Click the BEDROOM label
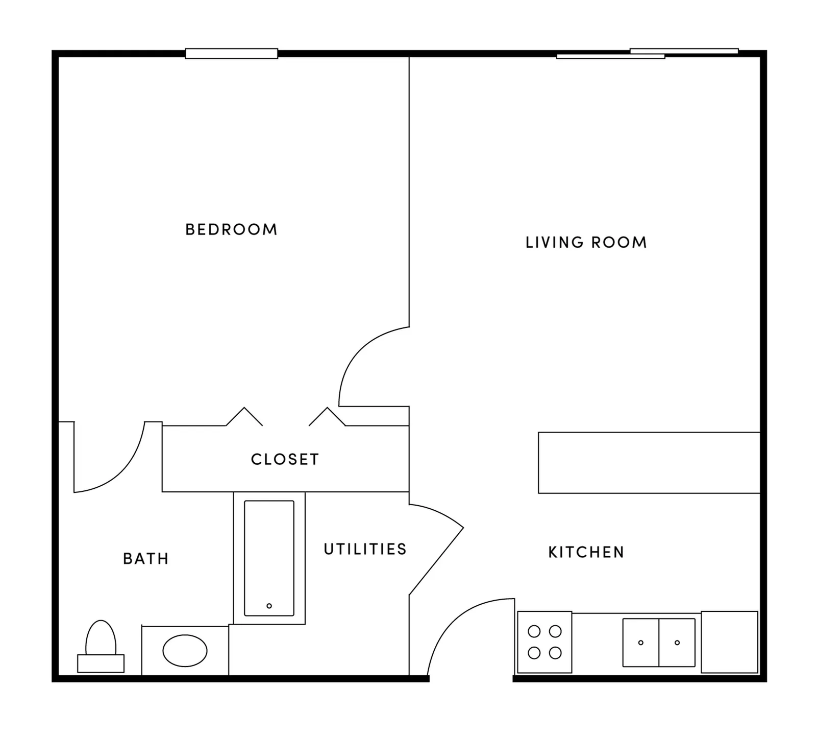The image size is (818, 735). coord(231,229)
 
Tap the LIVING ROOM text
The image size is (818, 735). coord(586,242)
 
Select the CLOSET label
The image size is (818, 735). coord(285,459)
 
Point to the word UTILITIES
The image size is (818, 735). coord(365,549)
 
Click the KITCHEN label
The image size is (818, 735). coord(586,552)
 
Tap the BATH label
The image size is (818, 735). coord(146,559)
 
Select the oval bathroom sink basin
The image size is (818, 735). coord(185,651)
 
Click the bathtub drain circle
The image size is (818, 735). coord(269,606)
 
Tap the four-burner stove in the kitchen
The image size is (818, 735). coord(544,642)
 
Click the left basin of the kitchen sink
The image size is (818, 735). coord(641,643)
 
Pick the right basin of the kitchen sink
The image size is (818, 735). coord(677,643)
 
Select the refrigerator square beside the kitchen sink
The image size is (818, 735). coord(729,642)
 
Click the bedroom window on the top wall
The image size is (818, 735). coord(231,54)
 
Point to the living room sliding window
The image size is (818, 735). coord(647,54)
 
